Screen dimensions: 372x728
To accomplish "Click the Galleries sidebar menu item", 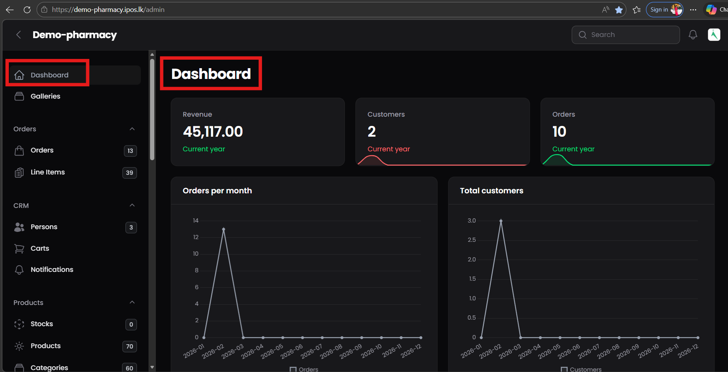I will tap(45, 96).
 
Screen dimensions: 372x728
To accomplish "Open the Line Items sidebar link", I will tap(48, 172).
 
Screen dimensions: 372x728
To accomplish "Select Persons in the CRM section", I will tap(44, 227).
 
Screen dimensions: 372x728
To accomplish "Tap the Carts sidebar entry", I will tap(40, 248).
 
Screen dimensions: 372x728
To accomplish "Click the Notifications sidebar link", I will tap(52, 270).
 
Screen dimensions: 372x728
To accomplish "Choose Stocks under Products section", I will tap(42, 324).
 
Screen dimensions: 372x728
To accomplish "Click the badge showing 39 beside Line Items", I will tap(130, 173).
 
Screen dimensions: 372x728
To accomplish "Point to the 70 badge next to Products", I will tap(130, 346).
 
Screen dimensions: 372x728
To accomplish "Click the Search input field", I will tap(631, 35).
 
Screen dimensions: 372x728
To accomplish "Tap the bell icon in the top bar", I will tap(693, 35).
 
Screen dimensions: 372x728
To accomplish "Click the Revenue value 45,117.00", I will tap(213, 132).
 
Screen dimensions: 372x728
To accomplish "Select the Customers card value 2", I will tap(372, 132).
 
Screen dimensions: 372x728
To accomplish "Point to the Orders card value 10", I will tap(559, 132).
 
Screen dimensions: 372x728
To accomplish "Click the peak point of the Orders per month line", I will tap(224, 229).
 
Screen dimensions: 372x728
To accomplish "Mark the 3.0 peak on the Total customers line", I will tap(501, 221).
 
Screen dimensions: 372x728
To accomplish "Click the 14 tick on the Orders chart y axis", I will tap(195, 221).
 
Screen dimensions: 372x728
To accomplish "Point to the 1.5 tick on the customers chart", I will tap(472, 279).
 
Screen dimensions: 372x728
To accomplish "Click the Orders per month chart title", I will tap(217, 191).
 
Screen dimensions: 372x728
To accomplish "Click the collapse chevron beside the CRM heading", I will tap(132, 205).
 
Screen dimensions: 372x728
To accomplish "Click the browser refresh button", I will tap(27, 10).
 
